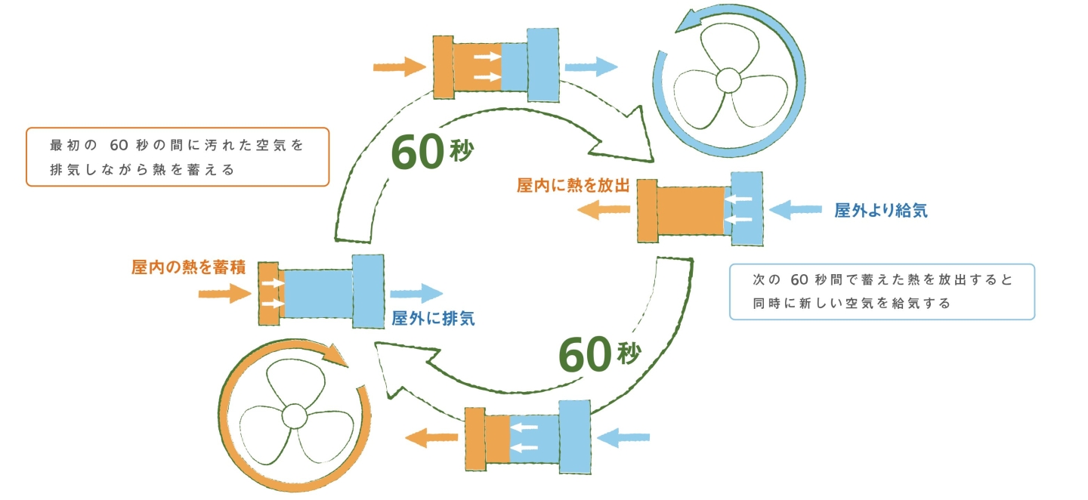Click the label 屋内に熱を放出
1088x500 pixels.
point(573,186)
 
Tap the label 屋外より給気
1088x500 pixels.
point(880,211)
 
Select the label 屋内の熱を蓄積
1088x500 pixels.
point(188,267)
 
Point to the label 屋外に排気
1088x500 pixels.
point(433,319)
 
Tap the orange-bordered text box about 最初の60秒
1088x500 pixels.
point(178,156)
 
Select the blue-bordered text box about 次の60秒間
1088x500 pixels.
point(881,292)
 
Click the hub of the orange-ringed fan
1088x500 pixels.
point(294,415)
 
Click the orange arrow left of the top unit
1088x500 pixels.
point(400,66)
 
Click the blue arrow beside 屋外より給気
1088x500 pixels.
point(795,209)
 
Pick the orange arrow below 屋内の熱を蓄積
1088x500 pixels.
point(224,293)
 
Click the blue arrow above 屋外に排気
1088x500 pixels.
point(416,293)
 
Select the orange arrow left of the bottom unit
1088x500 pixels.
point(427,437)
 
